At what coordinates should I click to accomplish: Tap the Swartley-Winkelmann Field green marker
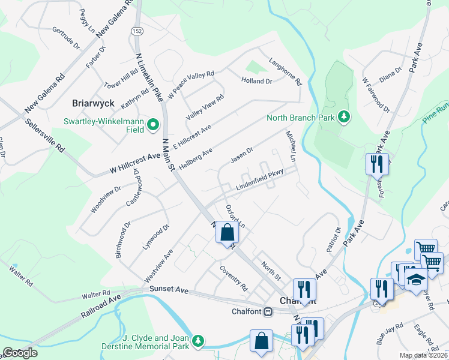point(152,125)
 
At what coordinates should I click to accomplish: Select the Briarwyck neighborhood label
point(93,103)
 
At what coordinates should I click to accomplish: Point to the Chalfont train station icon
point(269,311)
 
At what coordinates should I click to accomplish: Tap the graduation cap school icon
point(415,280)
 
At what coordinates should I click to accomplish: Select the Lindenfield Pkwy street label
point(259,181)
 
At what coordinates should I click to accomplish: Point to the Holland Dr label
point(257,80)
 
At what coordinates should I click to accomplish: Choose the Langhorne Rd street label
point(285,70)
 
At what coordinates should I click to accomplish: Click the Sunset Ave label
point(169,290)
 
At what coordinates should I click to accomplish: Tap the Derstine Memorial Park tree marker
point(197,342)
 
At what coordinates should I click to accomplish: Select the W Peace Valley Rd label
point(191,84)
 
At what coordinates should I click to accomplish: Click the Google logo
point(20,353)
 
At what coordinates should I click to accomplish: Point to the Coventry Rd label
point(234,278)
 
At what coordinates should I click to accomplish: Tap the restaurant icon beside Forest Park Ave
point(376,164)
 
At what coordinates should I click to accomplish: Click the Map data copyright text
point(423,355)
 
